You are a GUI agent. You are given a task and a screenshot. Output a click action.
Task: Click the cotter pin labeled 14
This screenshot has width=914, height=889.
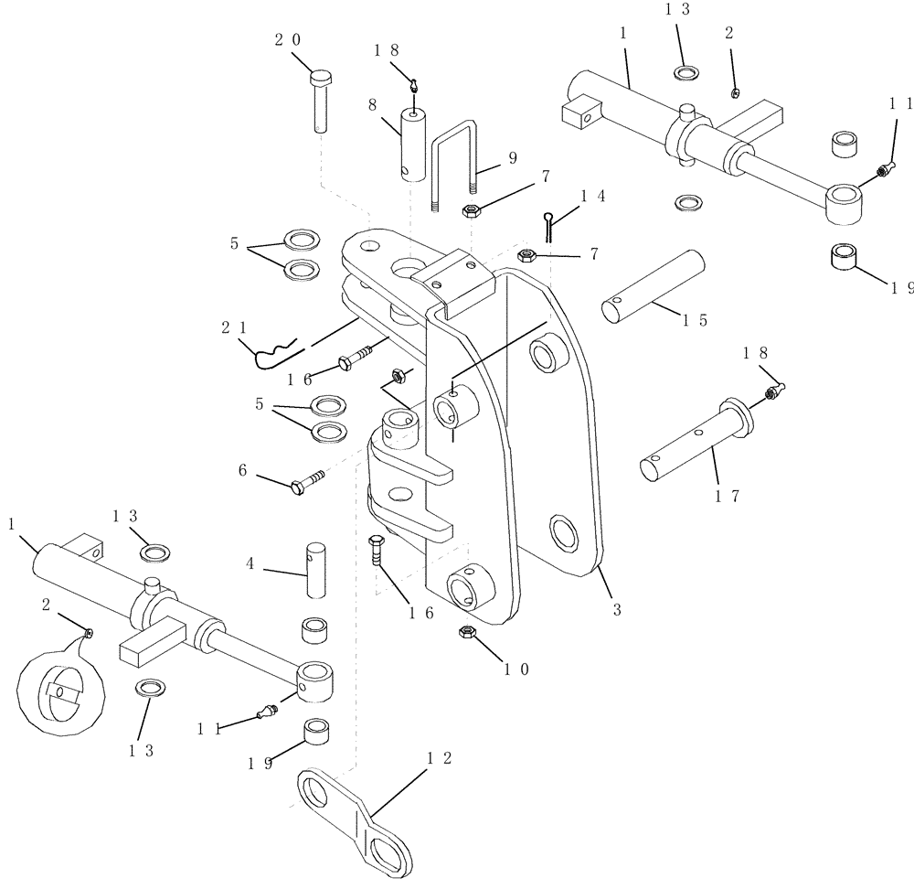[x=547, y=223]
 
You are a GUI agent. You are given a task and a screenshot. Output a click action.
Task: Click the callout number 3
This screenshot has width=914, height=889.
[x=617, y=609]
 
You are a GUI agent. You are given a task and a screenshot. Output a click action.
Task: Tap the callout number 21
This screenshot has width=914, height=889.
[x=232, y=326]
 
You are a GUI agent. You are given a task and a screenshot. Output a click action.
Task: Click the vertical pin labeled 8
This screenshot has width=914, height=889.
[x=412, y=146]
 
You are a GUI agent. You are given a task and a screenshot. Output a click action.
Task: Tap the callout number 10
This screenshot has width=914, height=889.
[x=517, y=669]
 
